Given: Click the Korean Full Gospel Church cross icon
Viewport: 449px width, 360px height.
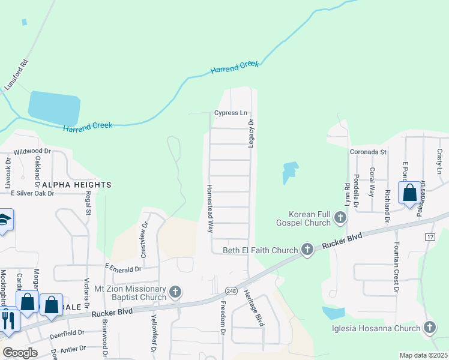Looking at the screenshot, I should pos(340,217).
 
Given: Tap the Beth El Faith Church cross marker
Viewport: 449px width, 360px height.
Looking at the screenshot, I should pos(307,249).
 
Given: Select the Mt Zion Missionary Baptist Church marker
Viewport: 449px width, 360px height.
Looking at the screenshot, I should pos(175,292).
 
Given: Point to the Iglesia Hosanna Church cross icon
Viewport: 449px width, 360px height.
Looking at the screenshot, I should pos(429,328).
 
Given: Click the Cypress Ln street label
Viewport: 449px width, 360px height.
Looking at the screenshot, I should pos(231,113).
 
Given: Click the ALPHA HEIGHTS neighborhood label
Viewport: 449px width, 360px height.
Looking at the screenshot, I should pos(76,185).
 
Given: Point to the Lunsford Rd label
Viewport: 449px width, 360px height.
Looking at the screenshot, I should pos(16,74).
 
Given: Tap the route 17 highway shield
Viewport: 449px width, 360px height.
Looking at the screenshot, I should pos(430,237).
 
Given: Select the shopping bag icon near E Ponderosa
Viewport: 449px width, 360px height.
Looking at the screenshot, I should pos(409,194).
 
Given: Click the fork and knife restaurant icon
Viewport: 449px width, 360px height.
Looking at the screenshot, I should pos(8,319).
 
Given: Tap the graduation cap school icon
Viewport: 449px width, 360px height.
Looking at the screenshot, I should pos(5,220).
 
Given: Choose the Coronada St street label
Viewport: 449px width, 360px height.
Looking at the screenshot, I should pos(368,152).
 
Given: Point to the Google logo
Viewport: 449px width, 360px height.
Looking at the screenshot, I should pos(19,353).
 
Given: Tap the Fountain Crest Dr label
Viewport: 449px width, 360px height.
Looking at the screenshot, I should pos(396,268).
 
